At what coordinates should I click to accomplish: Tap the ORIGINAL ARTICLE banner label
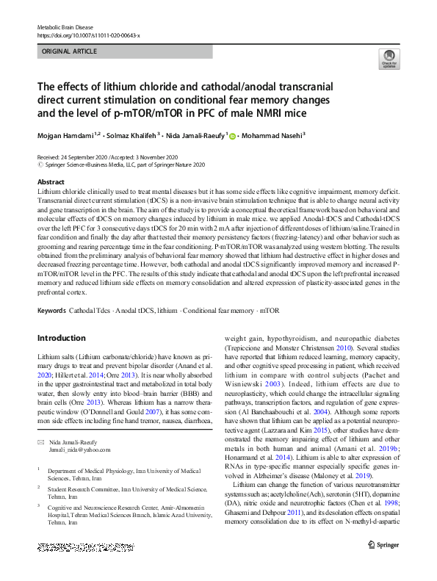tap(69, 53)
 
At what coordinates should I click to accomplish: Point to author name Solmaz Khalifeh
tap(135, 137)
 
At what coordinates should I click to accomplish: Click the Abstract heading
tap(51, 182)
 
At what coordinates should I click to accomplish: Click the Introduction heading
tap(62, 338)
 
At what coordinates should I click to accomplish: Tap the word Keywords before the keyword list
tap(51, 311)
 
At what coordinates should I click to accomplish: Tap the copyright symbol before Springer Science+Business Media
tap(40, 165)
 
